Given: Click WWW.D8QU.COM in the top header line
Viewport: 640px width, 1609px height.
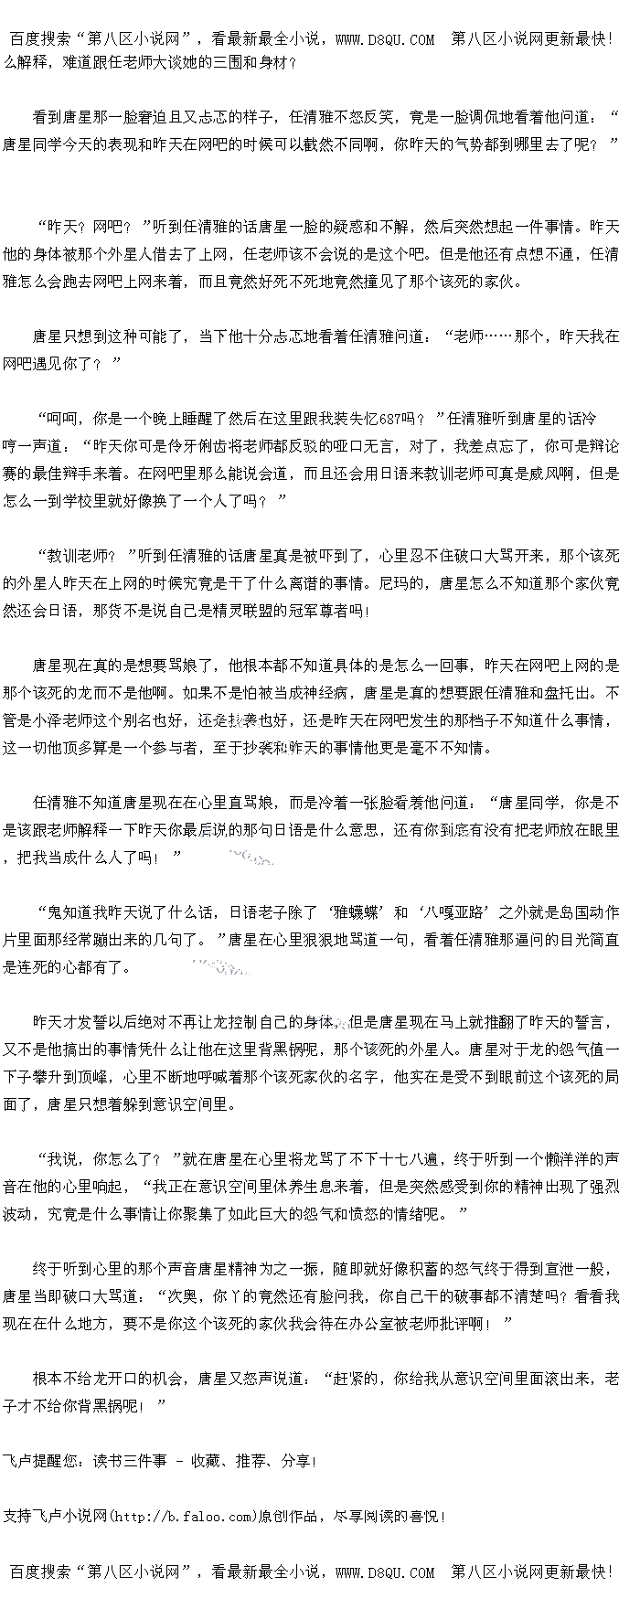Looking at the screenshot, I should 385,38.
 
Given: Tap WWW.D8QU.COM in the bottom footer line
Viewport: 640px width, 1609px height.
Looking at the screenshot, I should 385,1572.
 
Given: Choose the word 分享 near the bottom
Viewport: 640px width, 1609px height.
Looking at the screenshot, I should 295,1461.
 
